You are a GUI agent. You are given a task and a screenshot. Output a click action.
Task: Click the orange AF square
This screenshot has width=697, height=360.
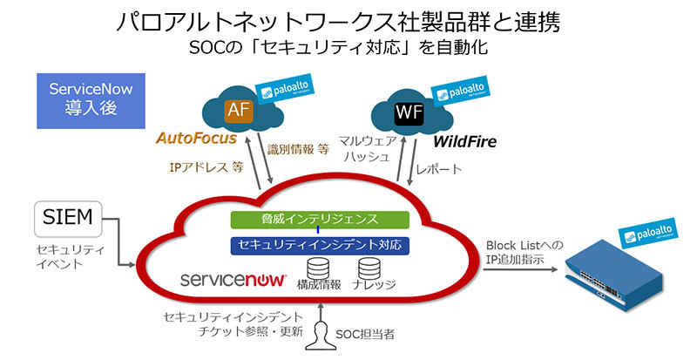point(238,110)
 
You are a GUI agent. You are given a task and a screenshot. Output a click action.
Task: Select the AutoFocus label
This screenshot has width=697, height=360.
point(197,138)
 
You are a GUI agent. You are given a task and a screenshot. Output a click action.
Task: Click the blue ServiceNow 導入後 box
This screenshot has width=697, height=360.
point(91,99)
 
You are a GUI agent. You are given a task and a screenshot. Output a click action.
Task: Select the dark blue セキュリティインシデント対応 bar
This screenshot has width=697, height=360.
point(320,246)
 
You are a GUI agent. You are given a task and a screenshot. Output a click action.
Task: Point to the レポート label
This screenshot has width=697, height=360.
point(438,168)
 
